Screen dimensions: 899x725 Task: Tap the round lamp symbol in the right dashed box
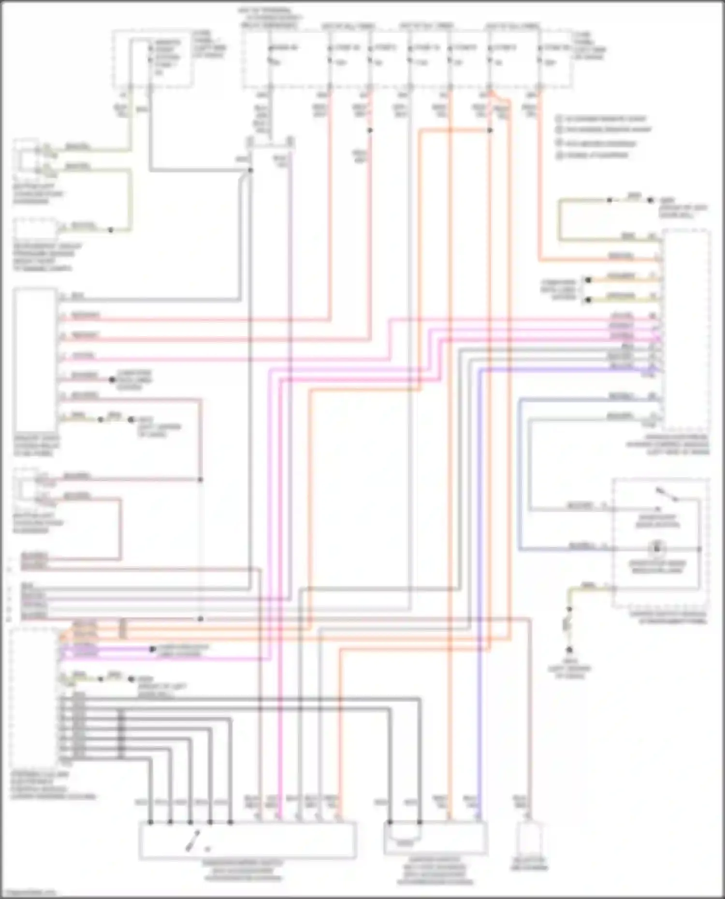[x=657, y=549]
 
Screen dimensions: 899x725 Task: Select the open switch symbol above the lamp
[x=667, y=495]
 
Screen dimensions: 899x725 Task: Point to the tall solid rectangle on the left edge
[x=35, y=359]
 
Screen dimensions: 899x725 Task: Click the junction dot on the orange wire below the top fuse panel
[x=490, y=130]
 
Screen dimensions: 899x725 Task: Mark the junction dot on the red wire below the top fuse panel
[x=370, y=130]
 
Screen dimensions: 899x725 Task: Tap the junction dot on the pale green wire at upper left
[x=111, y=230]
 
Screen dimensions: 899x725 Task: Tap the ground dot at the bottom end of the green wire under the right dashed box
[x=569, y=650]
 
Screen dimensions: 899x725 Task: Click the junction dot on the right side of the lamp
[x=699, y=549]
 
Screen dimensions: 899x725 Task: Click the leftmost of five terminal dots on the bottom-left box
[x=151, y=822]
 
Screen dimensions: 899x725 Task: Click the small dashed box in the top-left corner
[x=152, y=59]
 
